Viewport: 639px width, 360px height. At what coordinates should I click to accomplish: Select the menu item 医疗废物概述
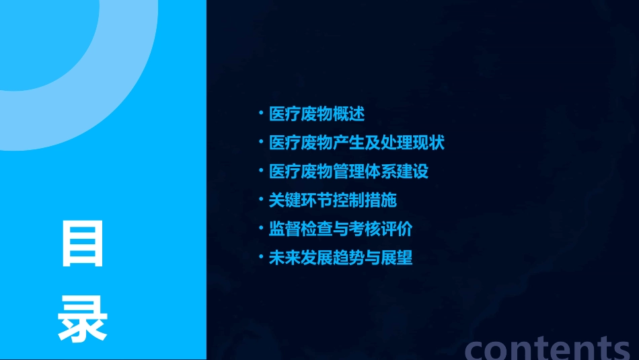tap(317, 114)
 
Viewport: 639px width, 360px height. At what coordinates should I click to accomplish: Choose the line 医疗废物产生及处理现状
tap(356, 143)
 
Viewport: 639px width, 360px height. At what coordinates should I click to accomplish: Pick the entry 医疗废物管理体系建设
tap(348, 171)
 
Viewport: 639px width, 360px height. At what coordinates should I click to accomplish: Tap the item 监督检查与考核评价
tap(340, 229)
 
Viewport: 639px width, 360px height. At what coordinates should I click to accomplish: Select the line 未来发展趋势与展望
tap(340, 258)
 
